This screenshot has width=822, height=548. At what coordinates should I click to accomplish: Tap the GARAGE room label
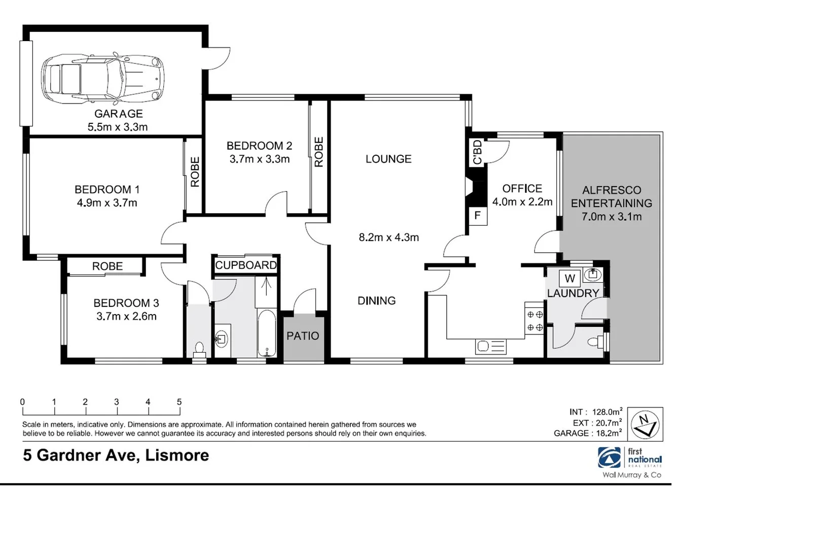click(118, 114)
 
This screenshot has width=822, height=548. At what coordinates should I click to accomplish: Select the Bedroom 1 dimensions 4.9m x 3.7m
click(107, 203)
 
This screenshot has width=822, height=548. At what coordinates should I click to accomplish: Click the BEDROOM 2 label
click(259, 146)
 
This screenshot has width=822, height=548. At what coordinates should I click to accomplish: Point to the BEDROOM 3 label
click(126, 303)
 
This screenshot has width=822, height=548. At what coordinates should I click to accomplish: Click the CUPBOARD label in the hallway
click(246, 265)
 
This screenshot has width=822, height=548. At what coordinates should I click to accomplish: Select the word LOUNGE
click(388, 159)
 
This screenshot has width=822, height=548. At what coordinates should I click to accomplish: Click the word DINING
click(376, 301)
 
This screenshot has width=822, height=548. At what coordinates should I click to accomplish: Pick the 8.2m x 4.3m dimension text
click(388, 237)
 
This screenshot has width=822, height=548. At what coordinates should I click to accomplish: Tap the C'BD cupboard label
click(477, 152)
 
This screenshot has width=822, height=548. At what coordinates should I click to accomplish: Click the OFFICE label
click(522, 189)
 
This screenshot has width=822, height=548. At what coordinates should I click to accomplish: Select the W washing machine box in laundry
click(569, 279)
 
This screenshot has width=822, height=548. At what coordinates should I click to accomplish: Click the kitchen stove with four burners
click(534, 321)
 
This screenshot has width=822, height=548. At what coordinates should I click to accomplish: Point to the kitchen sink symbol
click(490, 347)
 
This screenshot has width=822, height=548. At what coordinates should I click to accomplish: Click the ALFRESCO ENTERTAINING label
click(612, 197)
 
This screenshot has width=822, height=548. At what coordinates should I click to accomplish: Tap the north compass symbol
click(645, 424)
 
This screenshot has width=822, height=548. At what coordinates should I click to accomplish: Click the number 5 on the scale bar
click(179, 402)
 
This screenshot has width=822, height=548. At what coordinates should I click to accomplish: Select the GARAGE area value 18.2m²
click(609, 433)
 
